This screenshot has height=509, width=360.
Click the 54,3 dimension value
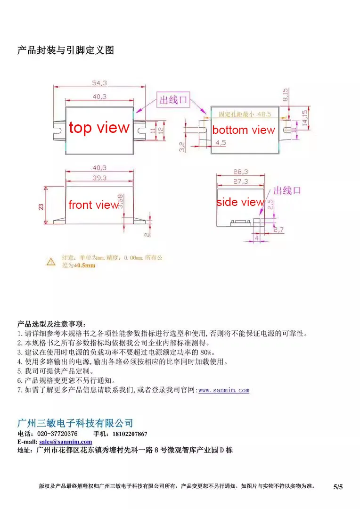99,83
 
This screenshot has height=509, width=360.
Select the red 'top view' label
99,128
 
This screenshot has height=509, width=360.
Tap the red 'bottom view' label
243,130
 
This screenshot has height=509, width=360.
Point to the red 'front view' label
93,205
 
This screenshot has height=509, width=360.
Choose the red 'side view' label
240,202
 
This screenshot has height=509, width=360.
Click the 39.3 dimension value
99,178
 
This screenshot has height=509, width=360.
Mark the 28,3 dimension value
241,172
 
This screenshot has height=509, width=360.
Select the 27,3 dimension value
241,181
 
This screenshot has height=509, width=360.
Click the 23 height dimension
41,206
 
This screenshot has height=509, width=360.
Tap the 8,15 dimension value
285,95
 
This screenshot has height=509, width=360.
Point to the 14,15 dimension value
305,118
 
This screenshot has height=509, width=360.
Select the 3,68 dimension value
121,201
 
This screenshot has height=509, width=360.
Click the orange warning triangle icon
51,261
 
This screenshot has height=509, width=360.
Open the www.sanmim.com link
224,390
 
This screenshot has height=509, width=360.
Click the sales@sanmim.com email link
65,442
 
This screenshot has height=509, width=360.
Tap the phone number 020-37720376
57,434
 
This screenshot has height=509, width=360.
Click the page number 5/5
338,487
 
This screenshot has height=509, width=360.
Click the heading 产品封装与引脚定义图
65,50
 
